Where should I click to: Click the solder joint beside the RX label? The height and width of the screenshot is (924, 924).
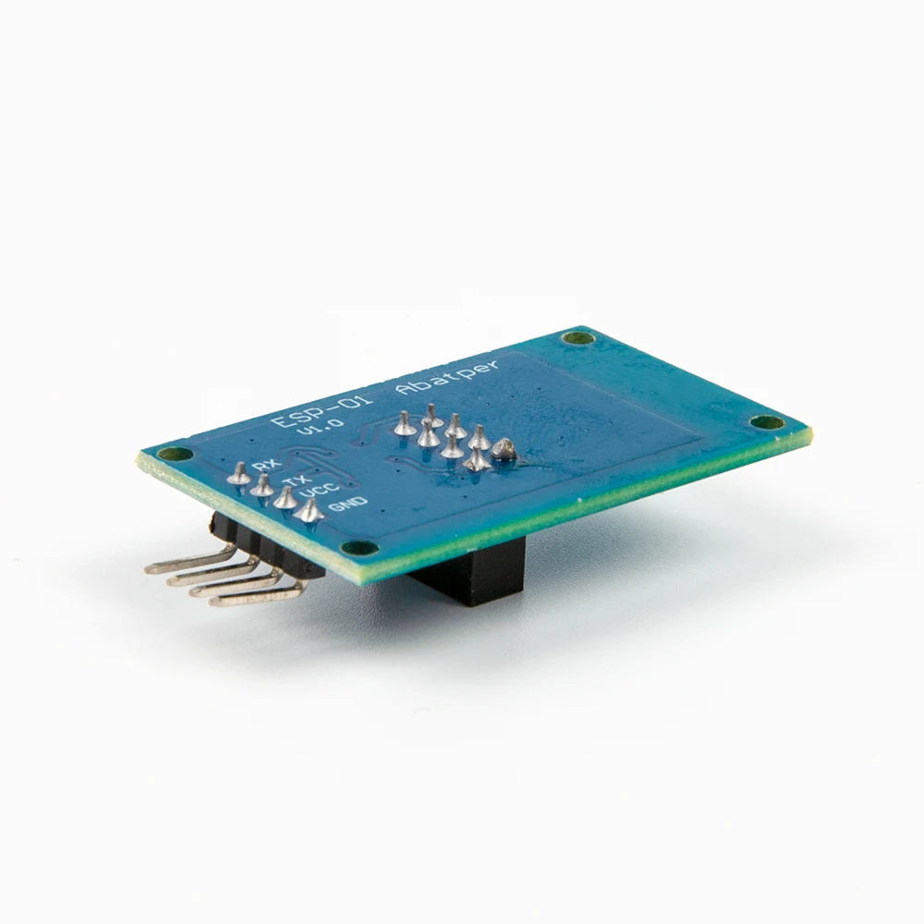pyautogui.click(x=238, y=473)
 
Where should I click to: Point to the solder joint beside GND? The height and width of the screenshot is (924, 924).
pyautogui.click(x=310, y=509)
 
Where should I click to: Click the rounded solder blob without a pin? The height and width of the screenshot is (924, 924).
pyautogui.click(x=504, y=450)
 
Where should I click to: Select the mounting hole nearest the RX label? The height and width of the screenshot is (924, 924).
pyautogui.click(x=169, y=454)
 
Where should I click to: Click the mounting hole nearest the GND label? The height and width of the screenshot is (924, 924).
pyautogui.click(x=364, y=547)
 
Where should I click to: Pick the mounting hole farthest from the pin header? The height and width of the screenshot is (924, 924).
pyautogui.click(x=765, y=422)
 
